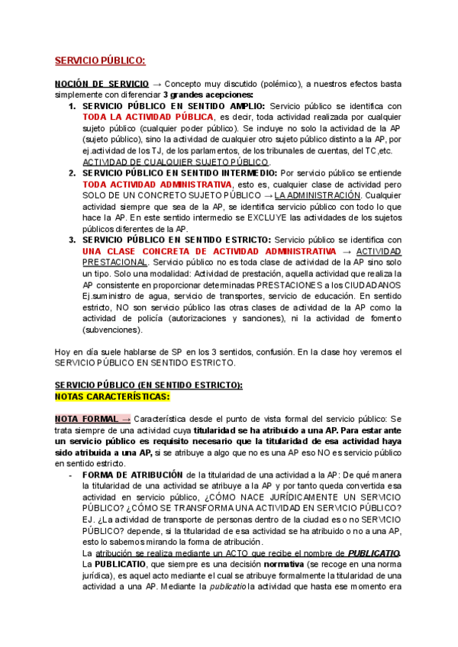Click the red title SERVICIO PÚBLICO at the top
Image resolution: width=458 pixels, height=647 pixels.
(x=99, y=61)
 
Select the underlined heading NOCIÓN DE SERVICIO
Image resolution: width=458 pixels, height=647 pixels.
(x=102, y=83)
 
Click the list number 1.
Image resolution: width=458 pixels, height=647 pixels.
(x=73, y=105)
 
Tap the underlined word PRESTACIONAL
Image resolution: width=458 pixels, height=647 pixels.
(x=114, y=262)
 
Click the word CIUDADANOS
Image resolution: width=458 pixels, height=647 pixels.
(x=368, y=285)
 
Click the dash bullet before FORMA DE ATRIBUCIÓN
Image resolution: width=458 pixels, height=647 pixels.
(x=71, y=475)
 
